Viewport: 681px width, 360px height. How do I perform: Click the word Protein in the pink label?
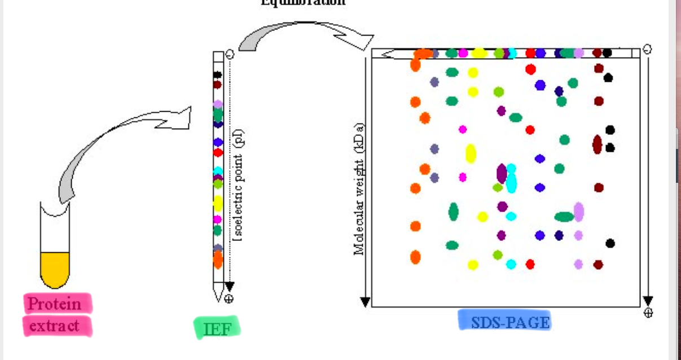coord(55,304)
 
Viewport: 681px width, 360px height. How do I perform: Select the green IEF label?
coord(217,328)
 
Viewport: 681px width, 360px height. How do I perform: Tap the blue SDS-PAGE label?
coord(503,322)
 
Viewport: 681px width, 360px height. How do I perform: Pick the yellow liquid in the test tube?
coord(55,269)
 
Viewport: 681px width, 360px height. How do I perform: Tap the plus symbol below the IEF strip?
coord(229,298)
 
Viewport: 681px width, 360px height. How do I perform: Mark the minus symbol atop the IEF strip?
coord(229,54)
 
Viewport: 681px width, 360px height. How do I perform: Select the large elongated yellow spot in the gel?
coord(471,153)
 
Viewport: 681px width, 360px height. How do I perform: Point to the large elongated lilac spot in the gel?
coord(578,212)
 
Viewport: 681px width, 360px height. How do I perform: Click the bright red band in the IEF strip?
coord(218,152)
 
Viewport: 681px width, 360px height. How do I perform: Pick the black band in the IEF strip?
coord(217,74)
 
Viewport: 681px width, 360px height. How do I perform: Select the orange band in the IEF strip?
coord(218,260)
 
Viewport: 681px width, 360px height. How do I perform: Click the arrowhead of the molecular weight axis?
coord(364,302)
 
